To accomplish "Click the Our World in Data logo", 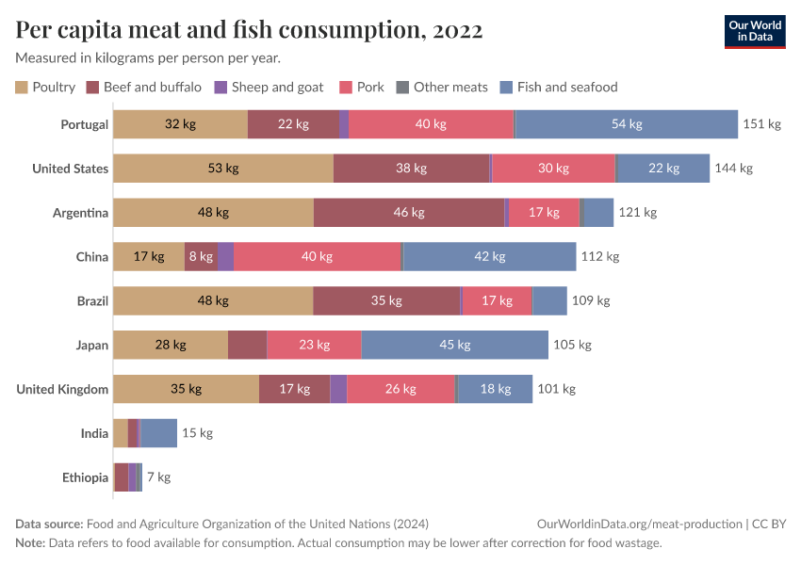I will click(755, 31).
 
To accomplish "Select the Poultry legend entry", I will click(45, 87).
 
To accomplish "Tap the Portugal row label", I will click(85, 124).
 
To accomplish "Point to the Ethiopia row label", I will click(86, 477).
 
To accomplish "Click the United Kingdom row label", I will click(62, 389).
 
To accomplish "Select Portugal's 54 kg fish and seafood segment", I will click(627, 124).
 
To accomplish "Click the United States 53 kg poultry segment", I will click(223, 169).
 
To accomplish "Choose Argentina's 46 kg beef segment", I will click(409, 213).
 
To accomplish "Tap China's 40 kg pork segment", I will click(318, 256).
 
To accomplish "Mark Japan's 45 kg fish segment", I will click(454, 345).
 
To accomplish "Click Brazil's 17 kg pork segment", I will click(497, 300).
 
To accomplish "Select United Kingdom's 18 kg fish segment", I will click(495, 389).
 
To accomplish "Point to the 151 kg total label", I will click(761, 124).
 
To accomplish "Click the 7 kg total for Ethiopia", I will click(158, 477).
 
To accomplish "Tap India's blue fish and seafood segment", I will click(159, 433).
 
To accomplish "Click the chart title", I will click(249, 30).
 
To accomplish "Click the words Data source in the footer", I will click(48, 524).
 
